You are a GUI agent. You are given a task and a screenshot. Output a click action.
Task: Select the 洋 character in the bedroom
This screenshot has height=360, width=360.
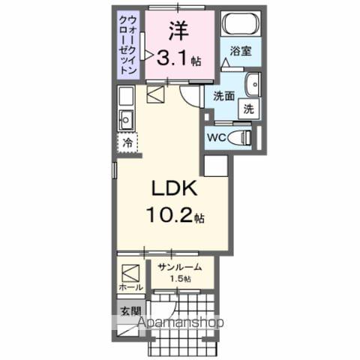point(177,31)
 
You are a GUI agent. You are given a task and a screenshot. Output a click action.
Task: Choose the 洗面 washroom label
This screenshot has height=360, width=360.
point(223,95)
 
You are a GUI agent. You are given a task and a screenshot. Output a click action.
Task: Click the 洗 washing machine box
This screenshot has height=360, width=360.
point(247,108)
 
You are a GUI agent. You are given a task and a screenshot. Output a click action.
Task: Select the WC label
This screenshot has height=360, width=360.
point(215,137)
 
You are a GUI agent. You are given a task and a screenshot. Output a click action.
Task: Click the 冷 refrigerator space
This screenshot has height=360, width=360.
point(127,142)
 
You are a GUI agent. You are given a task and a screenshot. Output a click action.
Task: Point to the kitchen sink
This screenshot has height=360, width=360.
point(127,118)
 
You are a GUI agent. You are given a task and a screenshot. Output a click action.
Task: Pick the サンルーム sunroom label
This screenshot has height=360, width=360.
point(178,266)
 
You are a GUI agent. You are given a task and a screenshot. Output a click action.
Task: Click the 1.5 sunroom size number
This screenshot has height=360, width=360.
point(179,279)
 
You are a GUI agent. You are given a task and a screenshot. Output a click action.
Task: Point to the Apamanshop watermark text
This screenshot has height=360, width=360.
point(179,323)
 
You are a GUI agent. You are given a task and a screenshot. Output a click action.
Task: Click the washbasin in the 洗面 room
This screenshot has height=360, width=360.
point(253,83)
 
